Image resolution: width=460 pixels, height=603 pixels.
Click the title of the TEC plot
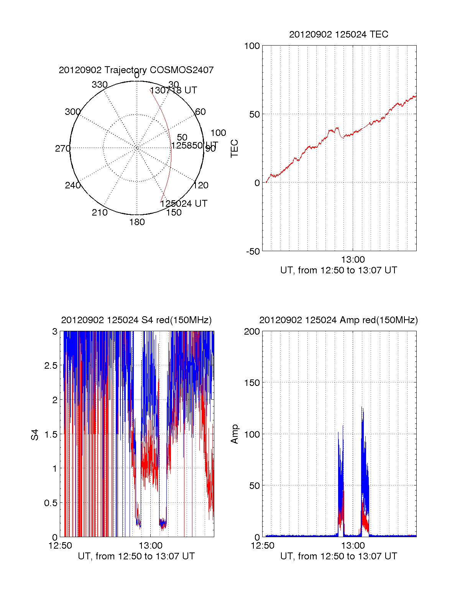tap(338, 34)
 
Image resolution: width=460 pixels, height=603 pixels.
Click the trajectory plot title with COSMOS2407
tap(136, 70)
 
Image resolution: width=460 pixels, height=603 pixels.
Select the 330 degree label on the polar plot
tap(100, 85)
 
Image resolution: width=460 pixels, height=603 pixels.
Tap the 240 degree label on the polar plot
tap(72, 185)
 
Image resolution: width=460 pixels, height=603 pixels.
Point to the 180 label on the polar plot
tap(137, 222)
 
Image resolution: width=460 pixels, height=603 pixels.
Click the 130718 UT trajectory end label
tap(173, 90)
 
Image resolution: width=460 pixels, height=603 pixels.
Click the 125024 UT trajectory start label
tap(184, 204)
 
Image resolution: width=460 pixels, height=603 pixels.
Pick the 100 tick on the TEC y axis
tap(252, 46)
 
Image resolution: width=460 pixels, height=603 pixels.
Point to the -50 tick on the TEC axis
tap(253, 252)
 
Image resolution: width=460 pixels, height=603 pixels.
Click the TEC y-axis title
tap(234, 149)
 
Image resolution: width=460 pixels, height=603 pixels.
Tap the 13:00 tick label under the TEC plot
tap(353, 260)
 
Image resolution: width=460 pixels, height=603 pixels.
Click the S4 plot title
tap(136, 320)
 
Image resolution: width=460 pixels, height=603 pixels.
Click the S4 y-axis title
tap(35, 435)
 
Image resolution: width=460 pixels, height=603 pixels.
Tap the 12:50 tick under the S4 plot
tap(60, 546)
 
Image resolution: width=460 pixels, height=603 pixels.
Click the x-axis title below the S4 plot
tap(136, 556)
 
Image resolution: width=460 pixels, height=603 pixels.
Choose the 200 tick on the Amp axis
tap(252, 332)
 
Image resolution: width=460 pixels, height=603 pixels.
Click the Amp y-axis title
tap(234, 434)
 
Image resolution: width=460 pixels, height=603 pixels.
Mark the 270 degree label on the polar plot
tap(62, 149)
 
